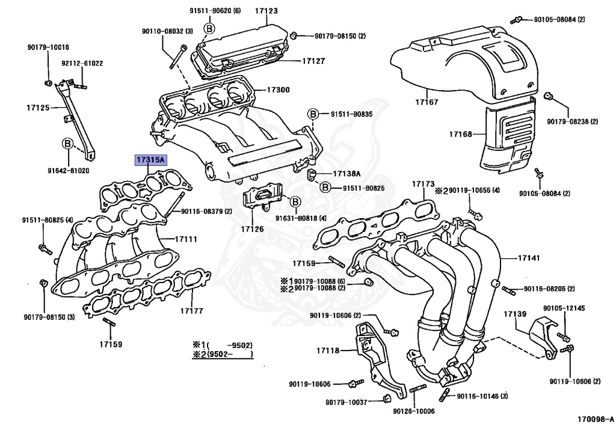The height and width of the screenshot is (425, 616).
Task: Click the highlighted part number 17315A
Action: point(150,160)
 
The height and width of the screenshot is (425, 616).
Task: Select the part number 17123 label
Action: point(266,11)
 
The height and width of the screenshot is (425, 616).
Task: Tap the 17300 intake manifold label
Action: point(278,90)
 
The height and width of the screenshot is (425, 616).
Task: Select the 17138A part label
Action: point(346,174)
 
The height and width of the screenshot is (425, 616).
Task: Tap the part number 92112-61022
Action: point(82,63)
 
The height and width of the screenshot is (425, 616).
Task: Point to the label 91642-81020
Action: point(68,170)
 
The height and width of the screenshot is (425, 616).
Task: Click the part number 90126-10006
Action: point(413,411)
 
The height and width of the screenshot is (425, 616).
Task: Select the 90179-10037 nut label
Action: point(346,402)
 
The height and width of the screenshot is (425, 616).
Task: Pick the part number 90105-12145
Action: point(564,308)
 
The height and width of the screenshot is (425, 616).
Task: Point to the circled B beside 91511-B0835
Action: point(313,114)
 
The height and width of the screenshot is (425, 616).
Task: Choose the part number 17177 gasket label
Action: point(192,311)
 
